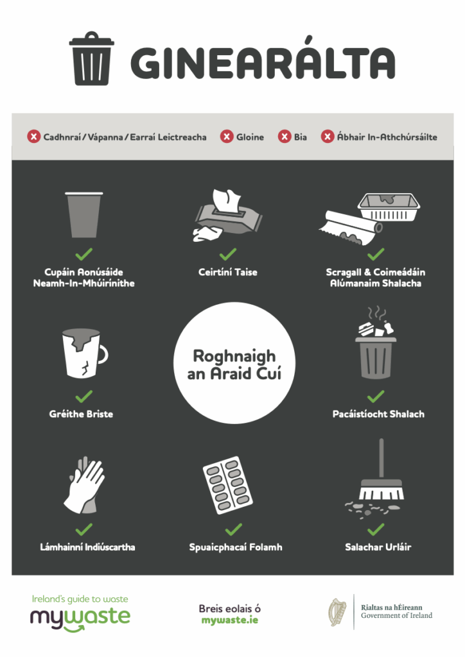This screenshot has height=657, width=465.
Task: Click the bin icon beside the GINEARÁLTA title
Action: tap(92, 58)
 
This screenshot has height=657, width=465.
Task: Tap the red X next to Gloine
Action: tap(227, 137)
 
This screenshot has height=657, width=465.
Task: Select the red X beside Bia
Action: tap(285, 137)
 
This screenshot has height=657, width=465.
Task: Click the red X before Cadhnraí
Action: tap(34, 137)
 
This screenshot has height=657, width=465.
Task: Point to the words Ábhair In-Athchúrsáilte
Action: tap(387, 137)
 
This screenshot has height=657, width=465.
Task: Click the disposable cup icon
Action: tap(84, 215)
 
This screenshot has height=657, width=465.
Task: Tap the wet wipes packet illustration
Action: tap(227, 216)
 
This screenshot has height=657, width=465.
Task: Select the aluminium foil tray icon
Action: tap(389, 207)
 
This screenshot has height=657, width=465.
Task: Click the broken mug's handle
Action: tap(103, 354)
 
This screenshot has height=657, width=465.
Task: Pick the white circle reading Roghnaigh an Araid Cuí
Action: tap(234, 363)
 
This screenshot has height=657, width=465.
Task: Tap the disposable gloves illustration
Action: tap(84, 485)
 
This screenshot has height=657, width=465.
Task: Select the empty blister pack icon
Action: tap(227, 485)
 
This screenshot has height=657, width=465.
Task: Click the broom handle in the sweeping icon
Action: tap(381, 458)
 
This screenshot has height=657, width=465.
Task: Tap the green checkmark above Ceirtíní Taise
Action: tap(227, 254)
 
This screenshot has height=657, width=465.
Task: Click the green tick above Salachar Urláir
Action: tap(376, 529)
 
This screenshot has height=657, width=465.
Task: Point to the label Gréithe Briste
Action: tap(82, 414)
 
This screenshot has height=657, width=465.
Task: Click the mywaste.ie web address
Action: tap(230, 620)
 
